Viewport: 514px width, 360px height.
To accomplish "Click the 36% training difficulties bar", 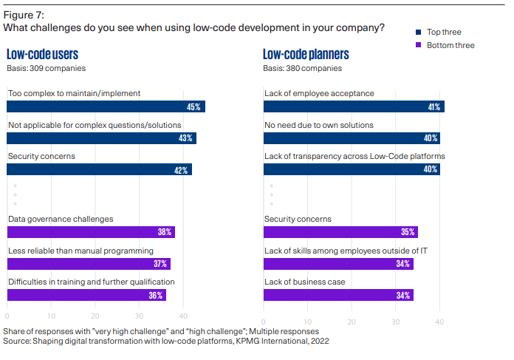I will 86,295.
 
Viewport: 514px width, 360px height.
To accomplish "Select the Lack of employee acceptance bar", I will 354,106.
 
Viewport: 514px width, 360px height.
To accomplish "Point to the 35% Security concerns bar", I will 340,232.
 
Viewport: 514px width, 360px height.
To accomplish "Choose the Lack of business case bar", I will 338,295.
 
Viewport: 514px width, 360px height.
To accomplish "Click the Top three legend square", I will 419,32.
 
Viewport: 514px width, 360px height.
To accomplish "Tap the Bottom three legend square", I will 419,45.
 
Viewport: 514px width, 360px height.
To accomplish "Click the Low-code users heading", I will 42,54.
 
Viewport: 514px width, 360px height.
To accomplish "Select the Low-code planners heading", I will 306,54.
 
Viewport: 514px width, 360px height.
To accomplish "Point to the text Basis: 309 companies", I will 46,68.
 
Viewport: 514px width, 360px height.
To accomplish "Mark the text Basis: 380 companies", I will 303,68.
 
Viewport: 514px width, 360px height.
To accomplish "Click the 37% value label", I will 160,264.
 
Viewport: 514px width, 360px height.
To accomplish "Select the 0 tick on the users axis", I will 7,322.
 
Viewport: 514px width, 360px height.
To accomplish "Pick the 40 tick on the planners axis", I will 439,322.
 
